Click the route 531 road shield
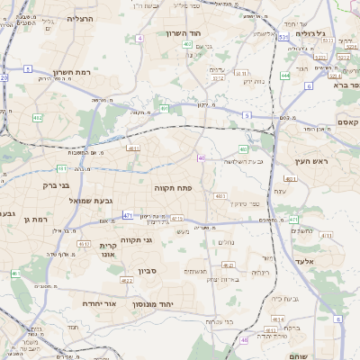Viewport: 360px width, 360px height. point(283,37)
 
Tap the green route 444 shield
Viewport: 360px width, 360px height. point(284,76)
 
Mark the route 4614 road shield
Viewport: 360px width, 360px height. point(279,319)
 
